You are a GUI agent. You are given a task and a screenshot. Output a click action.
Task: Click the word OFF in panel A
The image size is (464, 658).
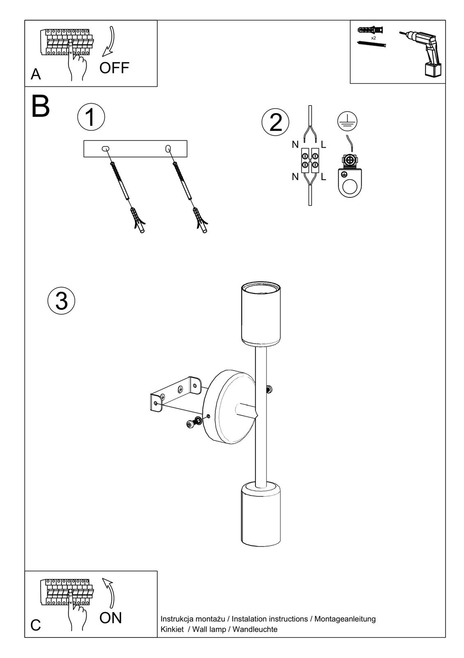tap(114, 68)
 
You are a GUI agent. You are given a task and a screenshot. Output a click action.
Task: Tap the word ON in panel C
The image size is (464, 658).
tap(110, 618)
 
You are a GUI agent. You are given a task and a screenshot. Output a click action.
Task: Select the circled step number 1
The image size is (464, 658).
tap(91, 117)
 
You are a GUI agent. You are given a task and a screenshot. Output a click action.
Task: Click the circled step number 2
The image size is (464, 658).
tap(276, 123)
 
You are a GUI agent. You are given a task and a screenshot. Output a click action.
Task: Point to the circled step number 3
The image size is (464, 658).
tap(61, 301)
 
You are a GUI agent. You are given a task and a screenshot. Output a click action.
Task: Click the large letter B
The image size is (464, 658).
tap(40, 107)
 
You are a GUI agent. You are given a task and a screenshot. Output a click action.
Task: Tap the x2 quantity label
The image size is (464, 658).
tap(373, 38)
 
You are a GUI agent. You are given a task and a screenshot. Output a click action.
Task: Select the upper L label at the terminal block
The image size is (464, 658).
tap(324, 144)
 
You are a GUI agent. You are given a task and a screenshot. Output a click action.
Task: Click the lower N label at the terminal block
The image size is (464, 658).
tap(295, 177)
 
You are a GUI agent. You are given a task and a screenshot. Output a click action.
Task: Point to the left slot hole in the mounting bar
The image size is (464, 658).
tap(105, 148)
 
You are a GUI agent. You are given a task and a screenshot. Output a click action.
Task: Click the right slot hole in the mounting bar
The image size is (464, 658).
tap(168, 148)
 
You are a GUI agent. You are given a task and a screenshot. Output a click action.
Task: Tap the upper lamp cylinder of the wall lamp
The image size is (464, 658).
tap(260, 313)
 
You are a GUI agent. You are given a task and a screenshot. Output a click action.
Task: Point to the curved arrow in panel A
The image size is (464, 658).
tap(109, 41)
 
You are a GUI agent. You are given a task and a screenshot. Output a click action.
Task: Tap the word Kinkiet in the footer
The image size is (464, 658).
tap(172, 629)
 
